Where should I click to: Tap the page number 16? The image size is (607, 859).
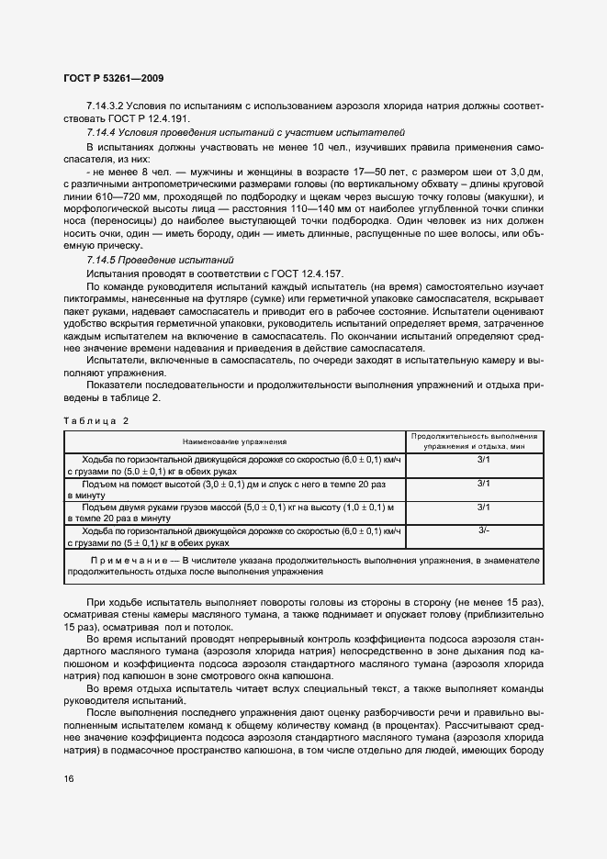point(69,779)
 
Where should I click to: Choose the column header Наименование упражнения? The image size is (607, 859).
point(234,441)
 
